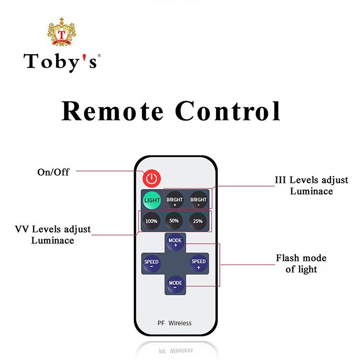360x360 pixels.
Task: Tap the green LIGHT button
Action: click(152, 200)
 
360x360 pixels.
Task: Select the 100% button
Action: click(152, 221)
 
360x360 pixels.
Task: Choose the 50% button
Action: click(174, 221)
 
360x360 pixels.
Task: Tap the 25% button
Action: click(197, 221)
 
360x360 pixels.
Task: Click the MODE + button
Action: click(175, 241)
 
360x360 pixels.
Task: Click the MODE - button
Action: click(175, 284)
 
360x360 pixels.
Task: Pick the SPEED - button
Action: click(152, 264)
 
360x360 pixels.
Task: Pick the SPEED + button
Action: click(198, 264)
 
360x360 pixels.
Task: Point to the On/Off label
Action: click(53, 171)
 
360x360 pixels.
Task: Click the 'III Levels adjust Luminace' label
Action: click(311, 185)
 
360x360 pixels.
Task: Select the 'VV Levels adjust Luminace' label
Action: click(53, 235)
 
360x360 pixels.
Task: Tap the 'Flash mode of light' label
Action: click(301, 264)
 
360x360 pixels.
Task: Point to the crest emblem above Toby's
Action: click(62, 33)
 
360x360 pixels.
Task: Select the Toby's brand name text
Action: click(61, 61)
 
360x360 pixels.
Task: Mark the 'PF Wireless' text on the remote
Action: click(174, 323)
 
